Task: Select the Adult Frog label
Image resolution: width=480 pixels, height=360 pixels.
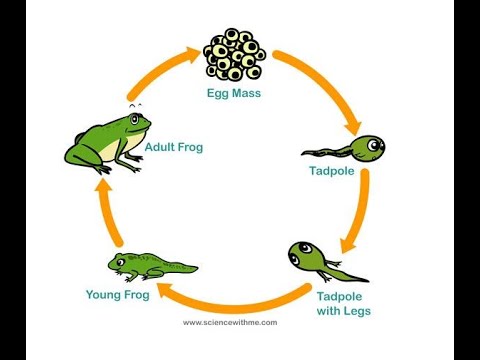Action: click(173, 147)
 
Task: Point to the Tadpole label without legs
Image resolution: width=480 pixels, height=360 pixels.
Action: click(331, 171)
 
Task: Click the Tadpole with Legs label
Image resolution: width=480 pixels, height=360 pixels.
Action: click(343, 303)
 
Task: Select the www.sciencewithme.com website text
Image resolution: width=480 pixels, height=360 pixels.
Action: click(230, 323)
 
